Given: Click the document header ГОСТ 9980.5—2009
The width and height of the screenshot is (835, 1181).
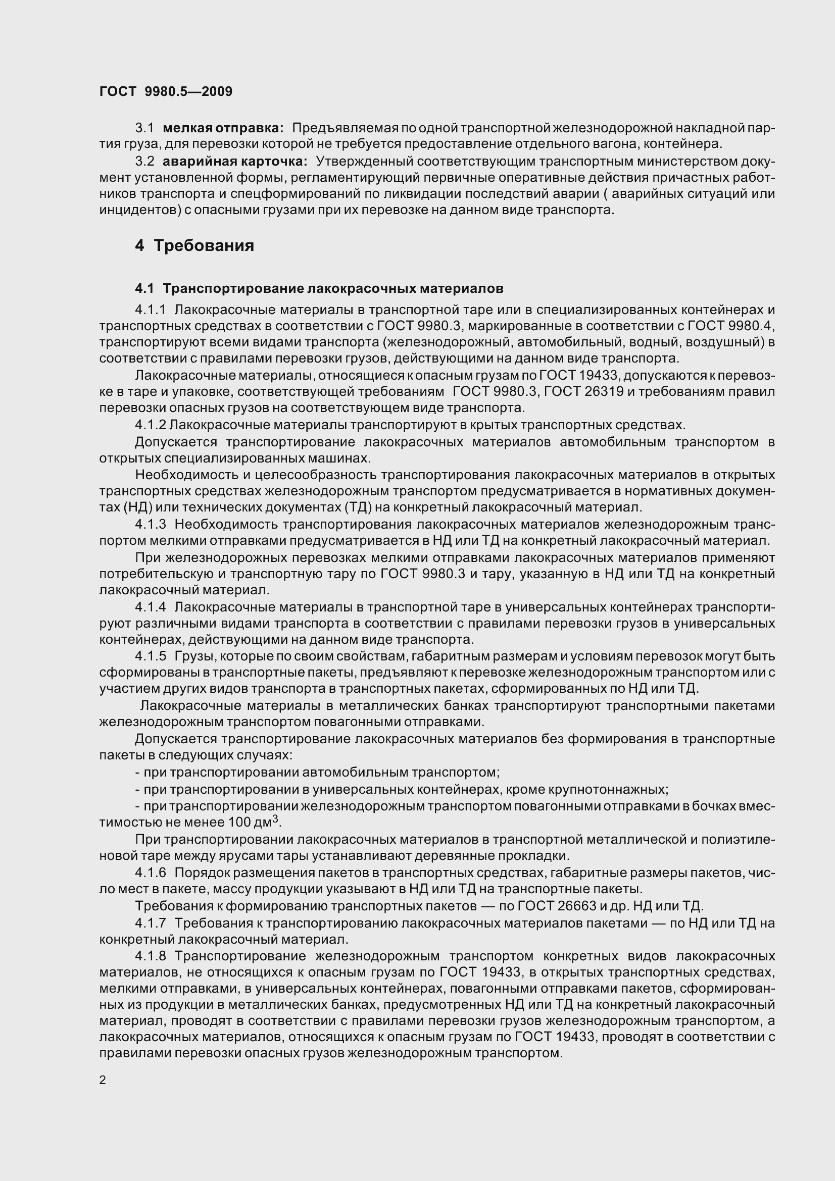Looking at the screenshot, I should point(166,91).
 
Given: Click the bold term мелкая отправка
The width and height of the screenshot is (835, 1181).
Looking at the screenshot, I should point(223,128).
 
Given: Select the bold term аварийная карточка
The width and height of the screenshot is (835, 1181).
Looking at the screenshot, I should point(234,161).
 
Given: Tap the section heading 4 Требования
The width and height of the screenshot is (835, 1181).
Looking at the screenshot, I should point(194,245).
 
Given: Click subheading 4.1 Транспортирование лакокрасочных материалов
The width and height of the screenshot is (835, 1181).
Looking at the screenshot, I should point(319,289).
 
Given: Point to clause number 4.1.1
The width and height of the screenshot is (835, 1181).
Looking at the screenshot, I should point(150,310).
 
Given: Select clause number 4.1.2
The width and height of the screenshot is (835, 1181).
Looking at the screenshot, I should point(150,425).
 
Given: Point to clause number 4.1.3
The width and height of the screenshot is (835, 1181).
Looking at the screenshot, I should point(150,524).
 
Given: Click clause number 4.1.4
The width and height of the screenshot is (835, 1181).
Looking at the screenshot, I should point(150,607).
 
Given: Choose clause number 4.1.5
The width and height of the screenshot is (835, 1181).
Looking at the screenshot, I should point(150,656).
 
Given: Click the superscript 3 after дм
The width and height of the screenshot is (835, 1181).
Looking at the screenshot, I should point(275,819).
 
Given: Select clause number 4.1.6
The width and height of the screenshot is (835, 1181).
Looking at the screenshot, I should point(150,873).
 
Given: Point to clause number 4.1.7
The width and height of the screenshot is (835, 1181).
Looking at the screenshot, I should point(150,923).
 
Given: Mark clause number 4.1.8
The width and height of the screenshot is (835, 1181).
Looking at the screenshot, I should point(150,956).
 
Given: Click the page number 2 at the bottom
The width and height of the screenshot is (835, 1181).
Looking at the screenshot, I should point(103,1080).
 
